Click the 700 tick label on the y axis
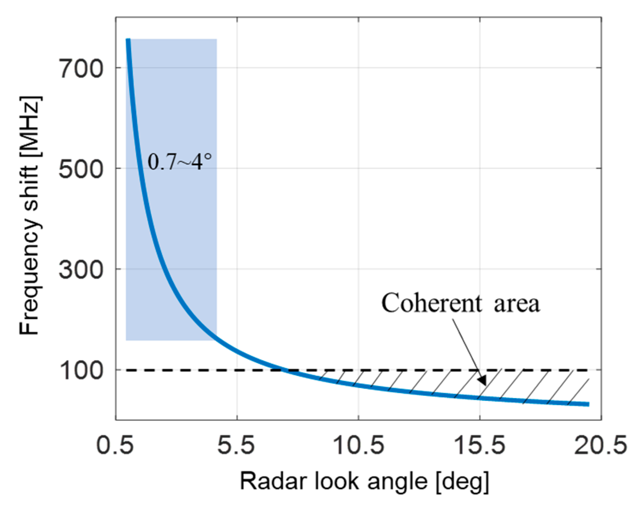point(81,68)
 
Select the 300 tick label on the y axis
point(81,269)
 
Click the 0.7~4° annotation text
point(179,162)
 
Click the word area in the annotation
point(516,304)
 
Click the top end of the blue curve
point(128,40)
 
